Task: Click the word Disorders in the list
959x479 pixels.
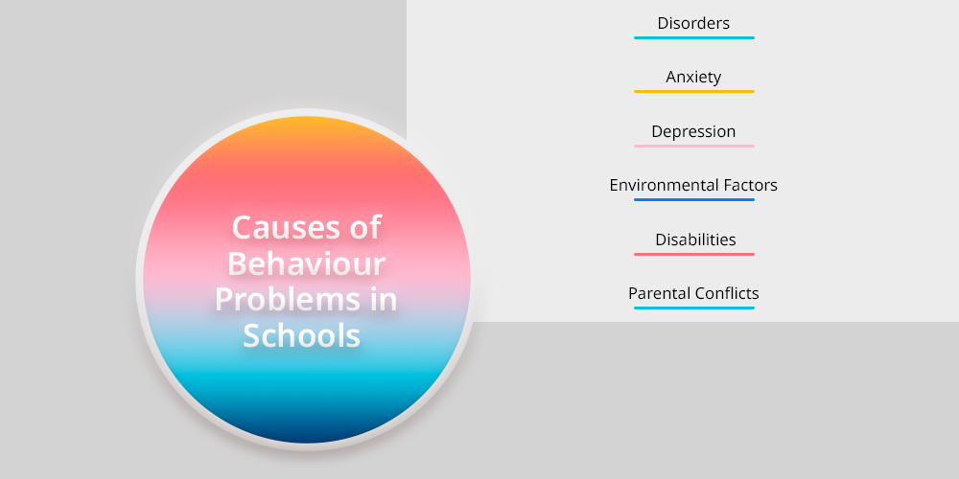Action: click(693, 23)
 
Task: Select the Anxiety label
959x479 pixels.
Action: click(693, 77)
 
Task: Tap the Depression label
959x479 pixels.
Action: click(693, 131)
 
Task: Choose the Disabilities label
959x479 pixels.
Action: click(695, 239)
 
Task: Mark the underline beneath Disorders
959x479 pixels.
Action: click(694, 38)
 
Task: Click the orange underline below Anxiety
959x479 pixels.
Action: click(694, 92)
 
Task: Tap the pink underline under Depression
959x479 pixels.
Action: click(694, 146)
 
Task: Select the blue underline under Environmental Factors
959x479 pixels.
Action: click(694, 200)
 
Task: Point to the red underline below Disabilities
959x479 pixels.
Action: click(694, 254)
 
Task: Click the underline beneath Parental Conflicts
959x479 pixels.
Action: click(694, 308)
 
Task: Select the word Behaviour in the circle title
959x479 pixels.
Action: click(307, 263)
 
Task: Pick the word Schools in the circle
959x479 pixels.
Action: click(301, 335)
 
